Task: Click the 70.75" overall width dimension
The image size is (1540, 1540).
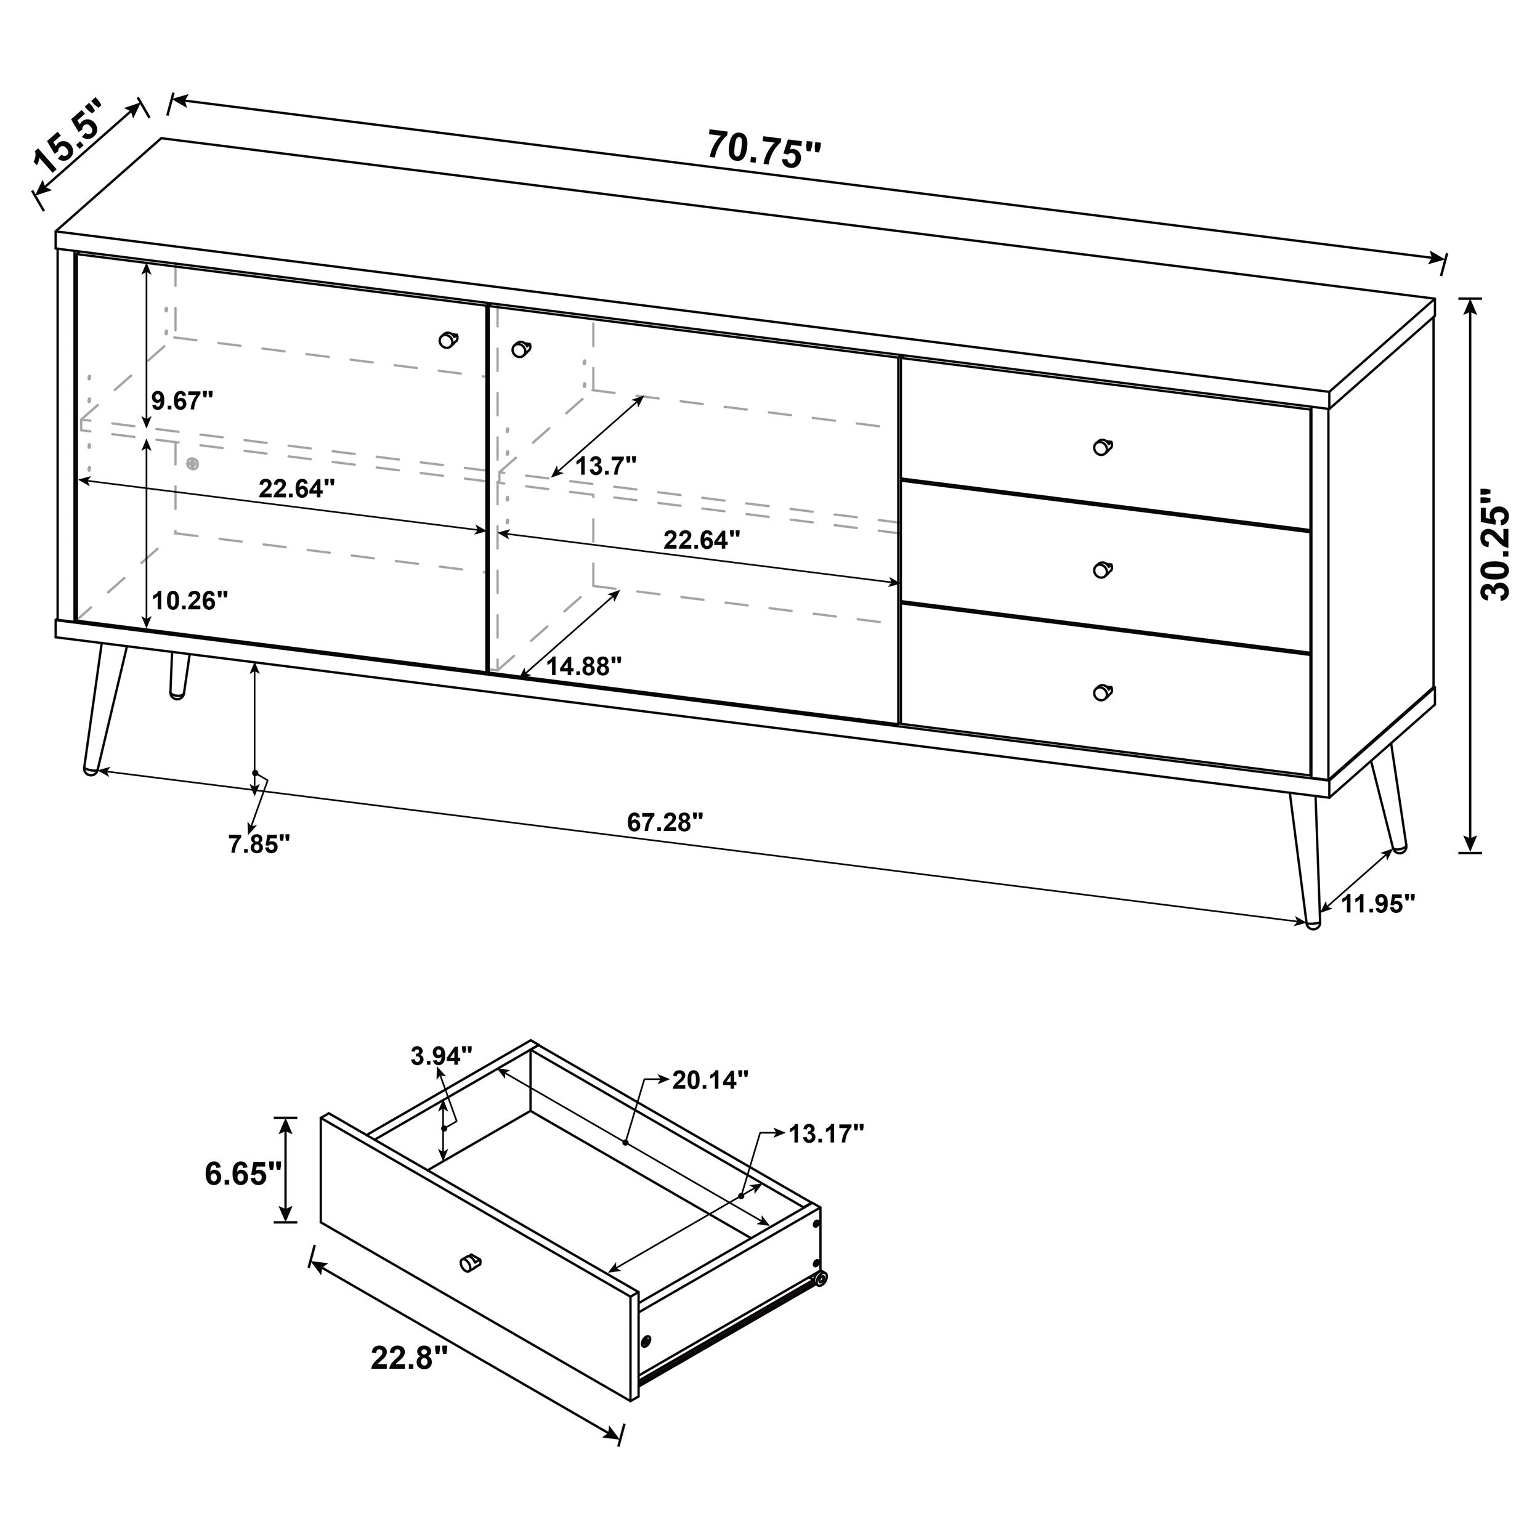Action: [764, 149]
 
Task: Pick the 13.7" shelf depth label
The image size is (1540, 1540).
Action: [606, 466]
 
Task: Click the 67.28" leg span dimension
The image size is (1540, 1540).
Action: [665, 822]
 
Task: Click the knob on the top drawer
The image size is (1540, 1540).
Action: [1101, 447]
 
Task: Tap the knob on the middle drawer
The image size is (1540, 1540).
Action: [1101, 569]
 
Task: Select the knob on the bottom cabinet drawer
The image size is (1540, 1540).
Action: [1101, 692]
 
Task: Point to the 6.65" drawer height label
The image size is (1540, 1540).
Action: [243, 1173]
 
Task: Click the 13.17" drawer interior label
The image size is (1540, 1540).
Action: [826, 1133]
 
